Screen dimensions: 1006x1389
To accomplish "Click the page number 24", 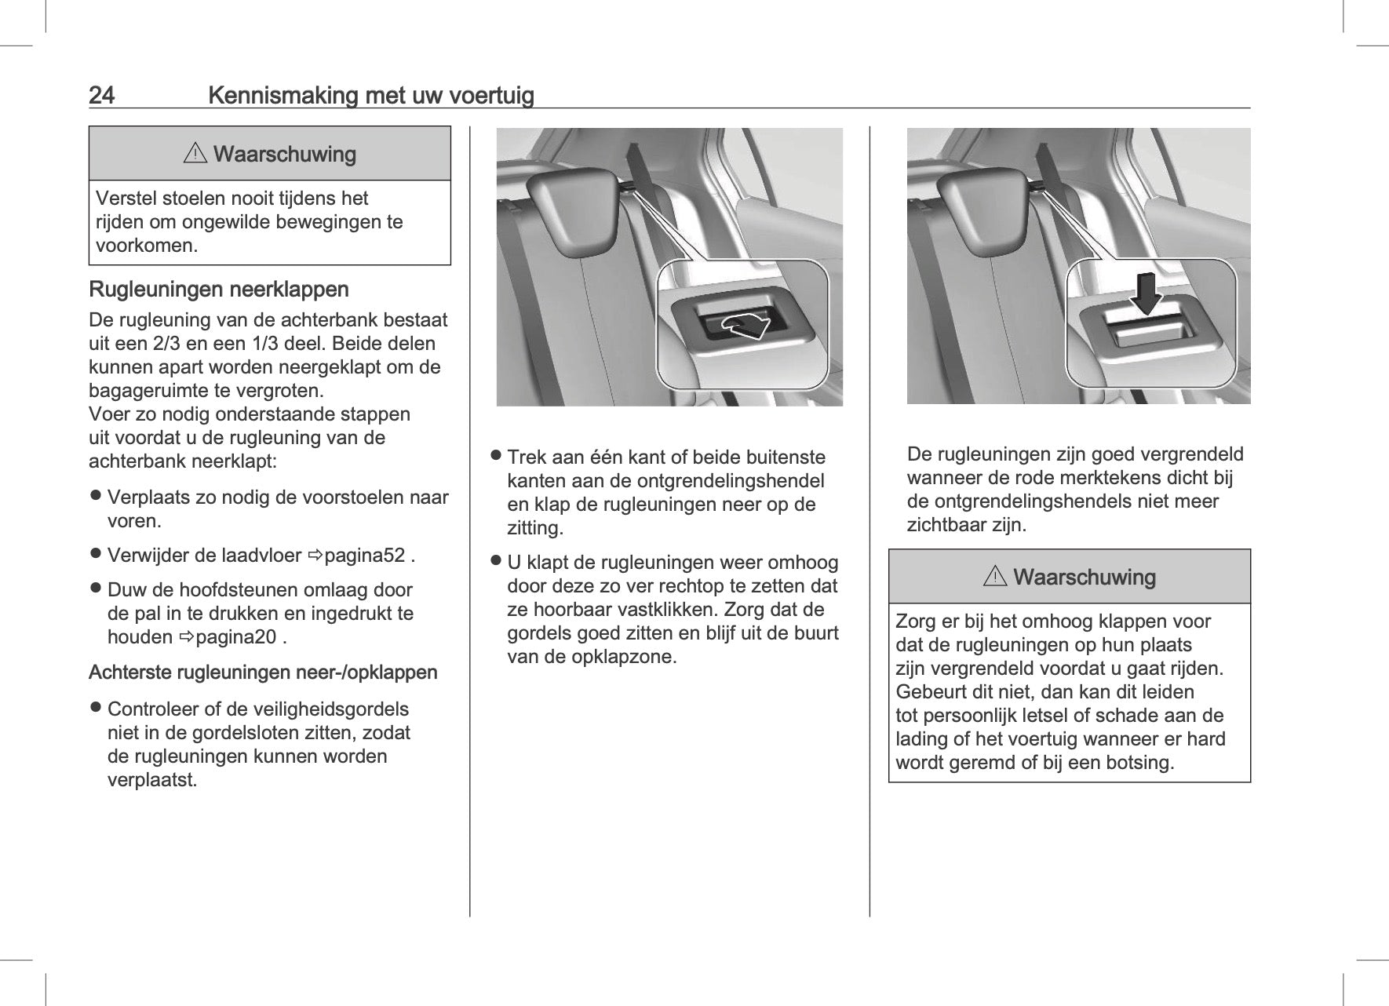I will pyautogui.click(x=102, y=96).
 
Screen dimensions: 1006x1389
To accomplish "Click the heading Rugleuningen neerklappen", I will pyautogui.click(x=219, y=290).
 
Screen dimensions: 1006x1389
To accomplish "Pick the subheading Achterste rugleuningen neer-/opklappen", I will pyautogui.click(x=263, y=672).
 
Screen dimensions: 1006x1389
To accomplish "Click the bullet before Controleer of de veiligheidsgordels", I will pyautogui.click(x=96, y=709).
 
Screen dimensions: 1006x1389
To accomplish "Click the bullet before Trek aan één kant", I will pyautogui.click(x=496, y=455).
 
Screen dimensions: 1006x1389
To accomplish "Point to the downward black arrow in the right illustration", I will pyautogui.click(x=1147, y=293).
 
